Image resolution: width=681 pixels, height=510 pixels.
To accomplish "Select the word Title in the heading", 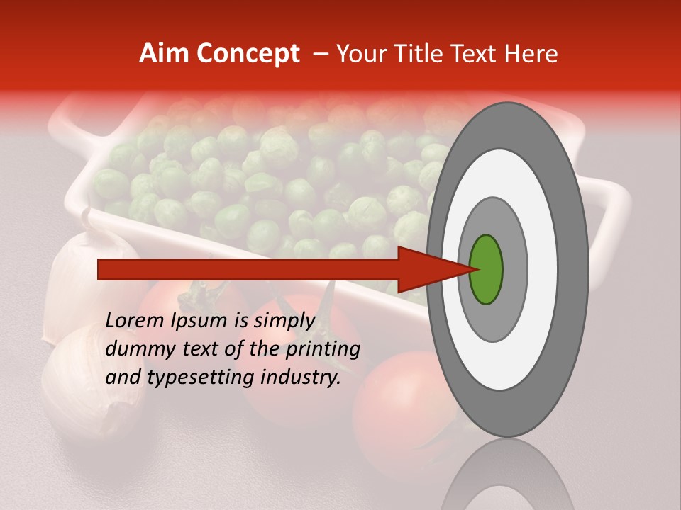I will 419,54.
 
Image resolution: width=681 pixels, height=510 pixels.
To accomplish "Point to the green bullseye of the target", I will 487,269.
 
